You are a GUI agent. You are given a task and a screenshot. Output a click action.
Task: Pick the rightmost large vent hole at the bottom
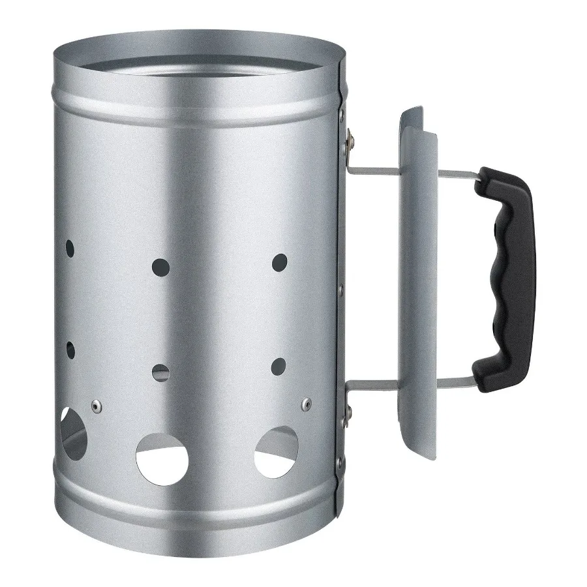[278, 450]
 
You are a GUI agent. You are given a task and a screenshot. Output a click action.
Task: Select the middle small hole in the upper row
[159, 265]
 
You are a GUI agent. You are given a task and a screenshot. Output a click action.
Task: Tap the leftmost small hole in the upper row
[70, 248]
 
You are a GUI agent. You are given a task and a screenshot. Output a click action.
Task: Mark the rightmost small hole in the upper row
[280, 262]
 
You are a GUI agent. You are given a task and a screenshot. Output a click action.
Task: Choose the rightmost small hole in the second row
[280, 365]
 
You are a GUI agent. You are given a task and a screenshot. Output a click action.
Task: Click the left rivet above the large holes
[97, 406]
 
